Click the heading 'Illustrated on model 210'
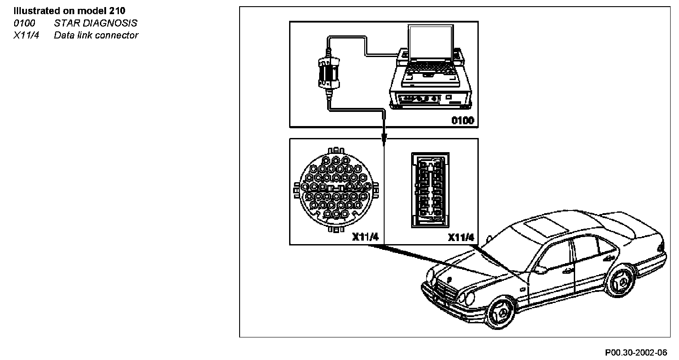(69, 11)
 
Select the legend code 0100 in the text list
(24, 23)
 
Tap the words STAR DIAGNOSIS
(95, 23)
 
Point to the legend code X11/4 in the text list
(26, 35)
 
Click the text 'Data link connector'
(96, 35)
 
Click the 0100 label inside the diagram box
(462, 120)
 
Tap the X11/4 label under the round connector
(365, 237)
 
